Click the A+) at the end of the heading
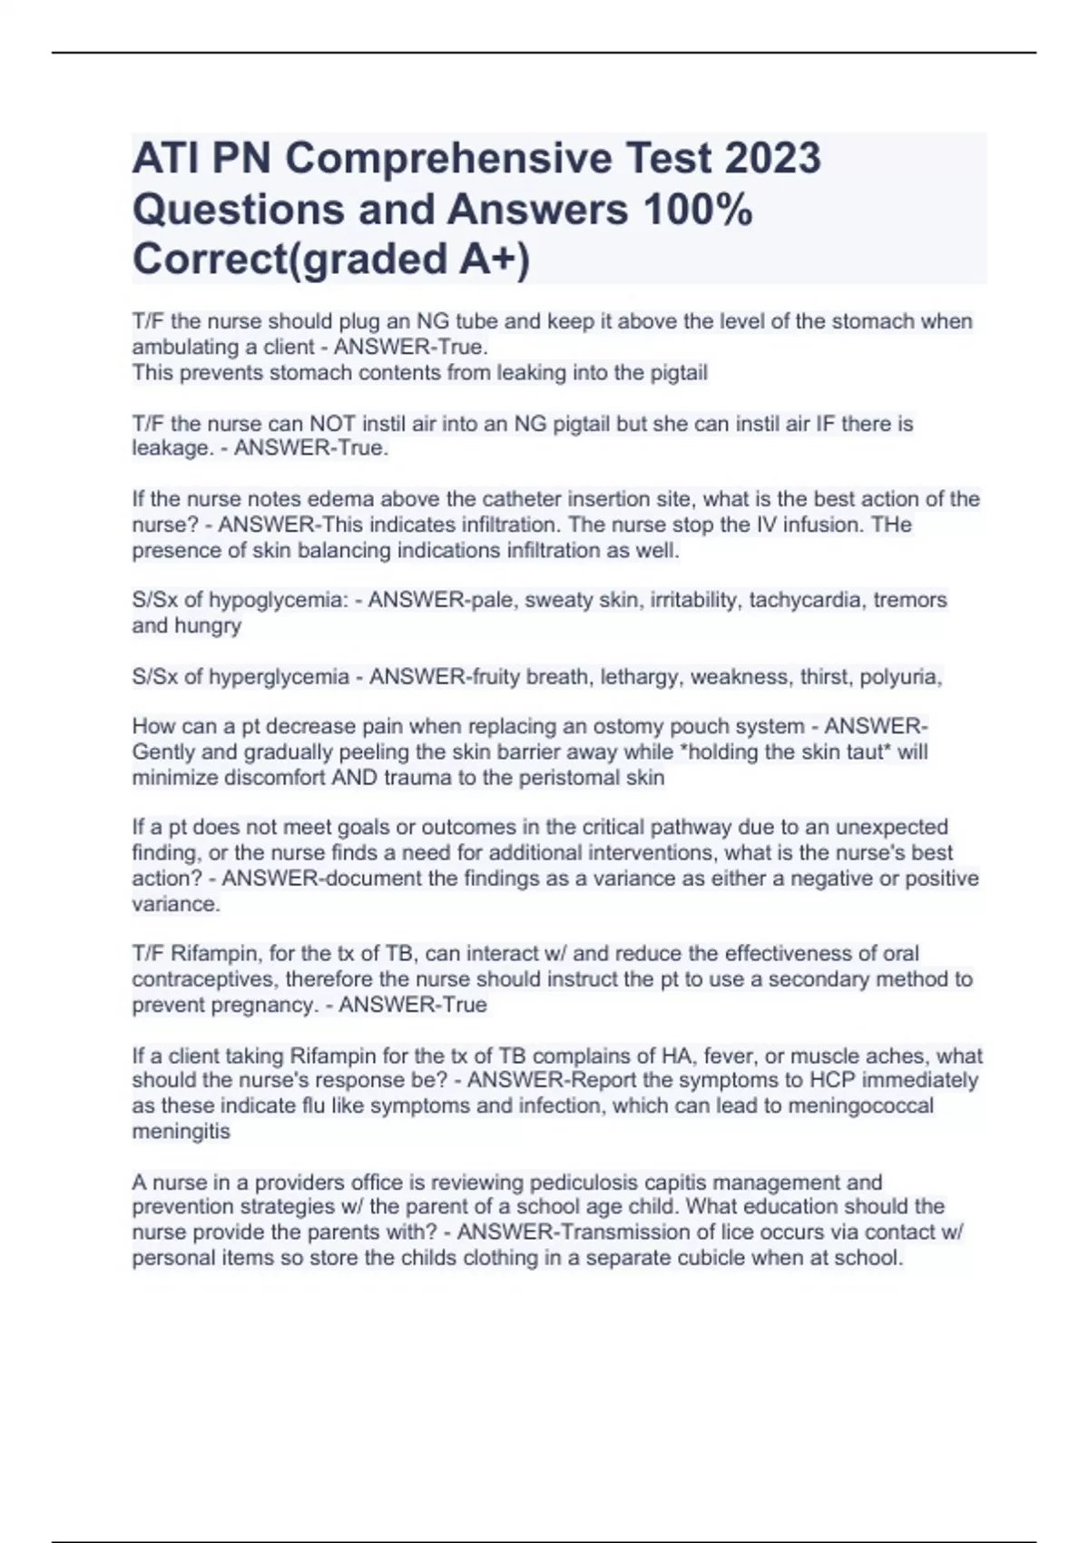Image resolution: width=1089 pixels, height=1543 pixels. coord(494,260)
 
